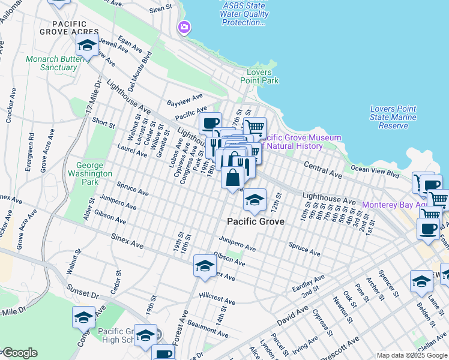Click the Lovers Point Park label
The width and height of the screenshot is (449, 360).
click(259, 76)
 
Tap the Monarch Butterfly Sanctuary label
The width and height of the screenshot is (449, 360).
click(51, 63)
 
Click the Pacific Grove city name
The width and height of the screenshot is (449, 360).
click(256, 221)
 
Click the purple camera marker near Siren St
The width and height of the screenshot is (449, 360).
click(184, 27)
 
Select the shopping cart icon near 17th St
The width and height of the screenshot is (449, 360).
click(255, 127)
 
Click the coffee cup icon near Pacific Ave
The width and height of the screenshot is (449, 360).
click(210, 124)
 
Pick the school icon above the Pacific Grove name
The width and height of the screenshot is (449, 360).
click(255, 200)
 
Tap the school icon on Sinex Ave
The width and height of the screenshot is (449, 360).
click(204, 266)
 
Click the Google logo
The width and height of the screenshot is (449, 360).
click(19, 353)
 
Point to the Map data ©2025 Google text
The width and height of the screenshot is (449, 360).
click(411, 355)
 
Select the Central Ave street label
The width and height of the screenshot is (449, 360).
click(322, 168)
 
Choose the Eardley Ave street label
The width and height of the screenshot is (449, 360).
click(309, 282)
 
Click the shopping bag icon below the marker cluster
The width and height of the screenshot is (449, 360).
click(233, 178)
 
